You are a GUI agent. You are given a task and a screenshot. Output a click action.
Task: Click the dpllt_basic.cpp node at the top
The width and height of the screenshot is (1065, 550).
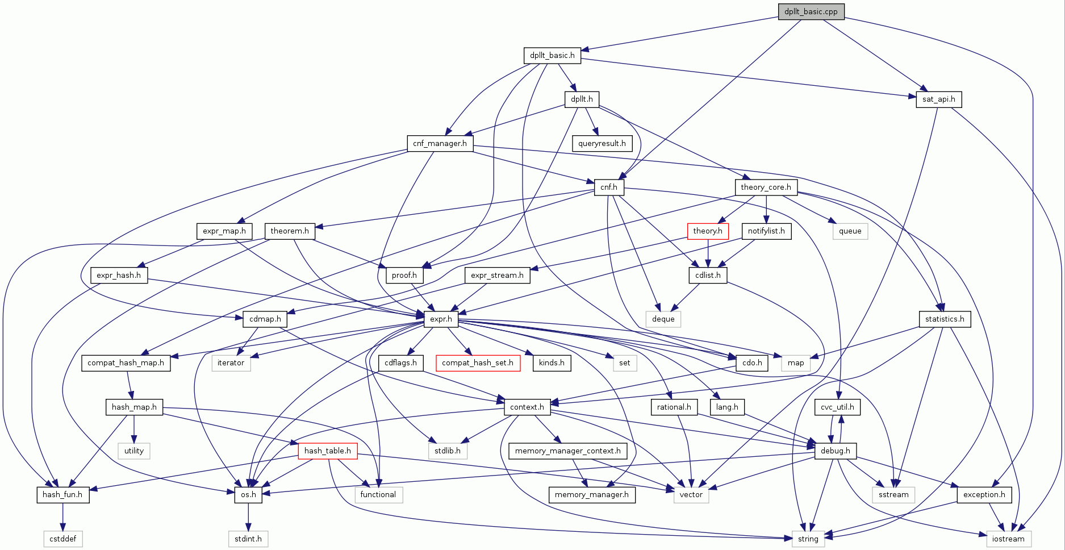tap(811, 11)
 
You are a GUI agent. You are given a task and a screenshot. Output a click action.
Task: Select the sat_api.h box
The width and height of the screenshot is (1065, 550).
tap(938, 99)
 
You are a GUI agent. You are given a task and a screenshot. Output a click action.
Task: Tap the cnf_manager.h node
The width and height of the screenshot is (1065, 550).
tap(440, 143)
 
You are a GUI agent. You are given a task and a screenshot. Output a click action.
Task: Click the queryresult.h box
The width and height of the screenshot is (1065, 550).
tap(602, 143)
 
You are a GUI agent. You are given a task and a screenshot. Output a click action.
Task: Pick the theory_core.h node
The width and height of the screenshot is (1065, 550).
tap(766, 187)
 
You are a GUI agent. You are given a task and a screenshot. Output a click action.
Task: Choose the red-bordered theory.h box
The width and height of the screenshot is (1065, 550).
tap(708, 231)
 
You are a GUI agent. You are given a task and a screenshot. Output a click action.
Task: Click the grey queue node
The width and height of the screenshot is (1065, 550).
tap(850, 231)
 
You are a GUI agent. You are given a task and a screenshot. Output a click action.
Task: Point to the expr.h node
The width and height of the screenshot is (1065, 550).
tap(441, 319)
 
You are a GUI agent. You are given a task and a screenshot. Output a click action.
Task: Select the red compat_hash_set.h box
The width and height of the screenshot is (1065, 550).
tap(478, 363)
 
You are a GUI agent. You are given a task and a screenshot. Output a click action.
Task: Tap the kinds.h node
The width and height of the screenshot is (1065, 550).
tap(552, 363)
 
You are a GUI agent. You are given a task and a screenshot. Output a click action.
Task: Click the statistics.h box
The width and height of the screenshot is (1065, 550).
tap(945, 319)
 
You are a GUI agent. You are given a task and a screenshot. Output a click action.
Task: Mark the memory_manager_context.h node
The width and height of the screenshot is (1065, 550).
tap(567, 451)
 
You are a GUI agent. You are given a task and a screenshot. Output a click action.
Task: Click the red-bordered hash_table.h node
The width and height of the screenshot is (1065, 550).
tap(327, 451)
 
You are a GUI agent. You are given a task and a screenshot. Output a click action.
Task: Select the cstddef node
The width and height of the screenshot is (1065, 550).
tap(62, 539)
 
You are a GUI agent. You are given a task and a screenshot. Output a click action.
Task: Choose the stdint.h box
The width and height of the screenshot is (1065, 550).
tap(248, 539)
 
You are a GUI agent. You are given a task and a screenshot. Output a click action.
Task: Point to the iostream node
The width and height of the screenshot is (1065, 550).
tap(1008, 539)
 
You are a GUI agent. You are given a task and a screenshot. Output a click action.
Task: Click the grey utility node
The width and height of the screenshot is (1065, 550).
tap(134, 451)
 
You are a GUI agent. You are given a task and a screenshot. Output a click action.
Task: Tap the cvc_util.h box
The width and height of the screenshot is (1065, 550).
tap(837, 407)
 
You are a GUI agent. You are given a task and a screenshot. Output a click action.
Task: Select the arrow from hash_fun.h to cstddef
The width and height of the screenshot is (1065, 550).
tap(62, 516)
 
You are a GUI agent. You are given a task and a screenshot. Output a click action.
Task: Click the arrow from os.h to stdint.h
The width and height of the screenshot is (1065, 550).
tap(248, 516)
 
